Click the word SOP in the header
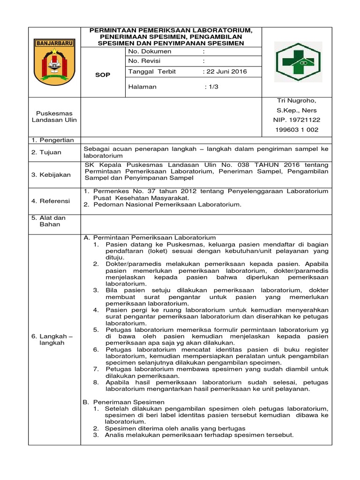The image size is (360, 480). click(103, 75)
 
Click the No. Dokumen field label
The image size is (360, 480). click(150, 51)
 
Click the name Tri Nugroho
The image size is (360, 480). click(296, 100)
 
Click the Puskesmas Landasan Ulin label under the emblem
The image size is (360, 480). click(54, 116)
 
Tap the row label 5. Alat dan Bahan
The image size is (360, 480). click(49, 221)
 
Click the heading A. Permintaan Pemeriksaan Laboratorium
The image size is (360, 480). click(149, 237)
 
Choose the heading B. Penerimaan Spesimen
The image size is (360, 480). click(124, 402)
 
